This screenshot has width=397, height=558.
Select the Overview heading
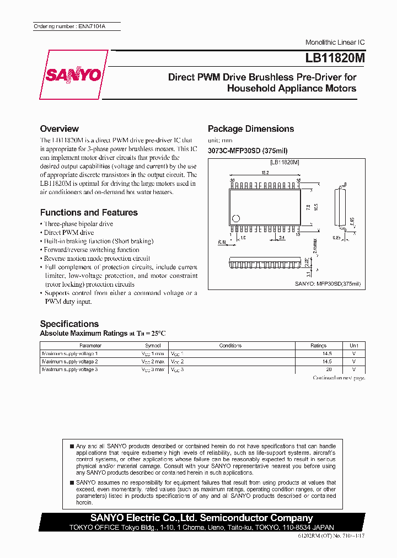click(60, 128)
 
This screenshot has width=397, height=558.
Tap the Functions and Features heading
click(89, 212)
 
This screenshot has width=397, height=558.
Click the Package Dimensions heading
click(251, 128)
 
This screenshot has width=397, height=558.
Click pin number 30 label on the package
click(233, 181)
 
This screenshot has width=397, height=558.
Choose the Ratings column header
click(319, 346)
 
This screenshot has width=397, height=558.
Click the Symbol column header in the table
click(153, 346)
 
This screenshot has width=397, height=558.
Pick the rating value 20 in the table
click(329, 369)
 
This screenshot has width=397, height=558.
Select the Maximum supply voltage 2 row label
click(70, 361)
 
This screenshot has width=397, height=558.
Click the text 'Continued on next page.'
click(339, 378)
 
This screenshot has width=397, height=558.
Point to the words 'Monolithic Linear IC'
click(335, 42)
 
